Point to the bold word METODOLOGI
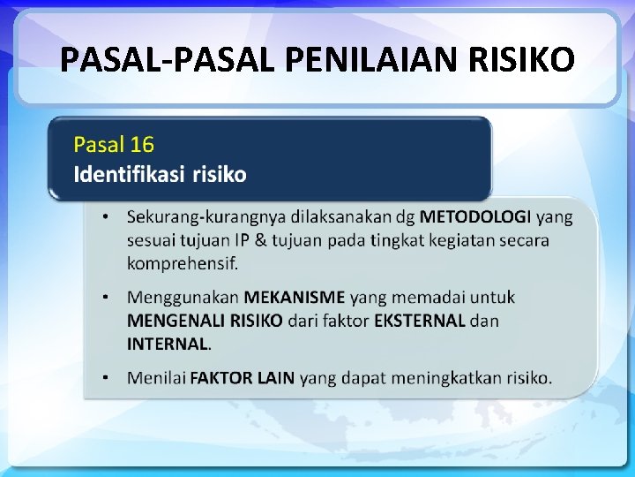pyautogui.click(x=475, y=216)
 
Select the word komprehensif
pyautogui.click(x=183, y=262)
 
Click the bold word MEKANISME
pyautogui.click(x=295, y=297)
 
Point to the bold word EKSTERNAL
pyautogui.click(x=420, y=320)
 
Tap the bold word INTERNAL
pyautogui.click(x=168, y=343)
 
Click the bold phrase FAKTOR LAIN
pyautogui.click(x=243, y=378)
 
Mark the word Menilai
pyautogui.click(x=157, y=378)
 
